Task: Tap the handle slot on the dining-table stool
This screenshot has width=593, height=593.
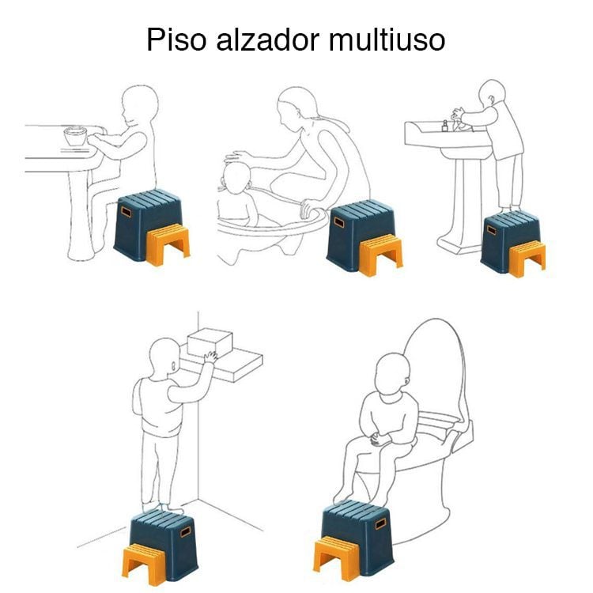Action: (126, 211)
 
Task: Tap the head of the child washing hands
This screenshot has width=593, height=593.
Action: (492, 93)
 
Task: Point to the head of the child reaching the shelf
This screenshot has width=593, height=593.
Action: (164, 359)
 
